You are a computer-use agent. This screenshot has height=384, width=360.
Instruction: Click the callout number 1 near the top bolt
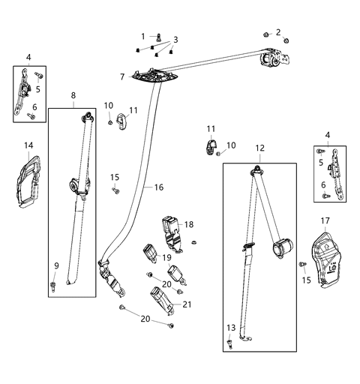click(x=143, y=37)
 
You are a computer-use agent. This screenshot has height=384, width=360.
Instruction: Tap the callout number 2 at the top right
click(x=278, y=31)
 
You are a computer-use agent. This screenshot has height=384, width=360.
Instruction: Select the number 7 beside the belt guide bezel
click(x=122, y=76)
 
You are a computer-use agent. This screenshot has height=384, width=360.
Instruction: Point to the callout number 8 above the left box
click(x=73, y=95)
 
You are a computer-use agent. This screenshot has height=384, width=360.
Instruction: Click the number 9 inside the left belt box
click(x=55, y=265)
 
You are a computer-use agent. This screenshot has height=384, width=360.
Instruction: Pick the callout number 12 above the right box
click(x=259, y=148)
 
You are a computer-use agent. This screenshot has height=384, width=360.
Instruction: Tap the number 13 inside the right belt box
click(x=230, y=327)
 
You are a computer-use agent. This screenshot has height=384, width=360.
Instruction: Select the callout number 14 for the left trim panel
click(x=28, y=144)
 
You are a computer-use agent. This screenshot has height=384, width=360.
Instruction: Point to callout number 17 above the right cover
click(x=325, y=220)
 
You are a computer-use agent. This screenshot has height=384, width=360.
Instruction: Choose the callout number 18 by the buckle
click(x=189, y=224)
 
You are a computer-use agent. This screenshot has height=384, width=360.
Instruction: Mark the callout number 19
click(x=167, y=257)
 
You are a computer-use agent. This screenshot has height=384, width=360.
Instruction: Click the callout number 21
click(x=187, y=304)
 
